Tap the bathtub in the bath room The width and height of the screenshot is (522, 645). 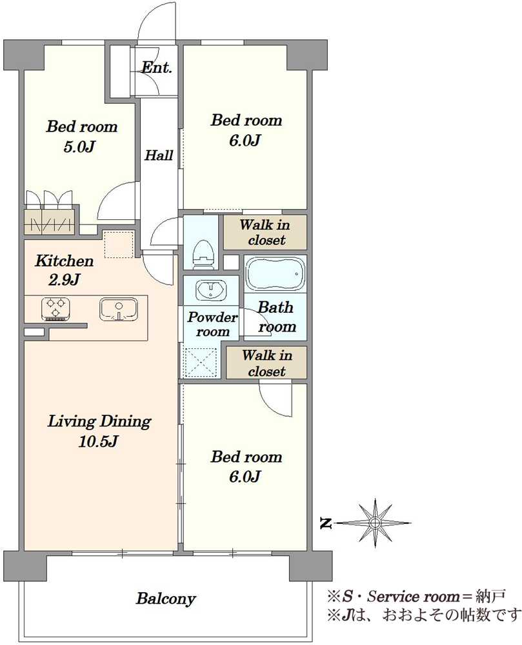tap(275, 274)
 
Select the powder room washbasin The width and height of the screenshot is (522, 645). tap(211, 290)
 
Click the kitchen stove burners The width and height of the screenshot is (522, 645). tap(56, 309)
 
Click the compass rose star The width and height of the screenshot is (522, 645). tap(375, 523)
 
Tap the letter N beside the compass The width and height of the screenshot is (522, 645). tap(326, 523)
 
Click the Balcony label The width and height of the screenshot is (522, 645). tap(166, 599)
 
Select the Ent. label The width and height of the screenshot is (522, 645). tap(157, 67)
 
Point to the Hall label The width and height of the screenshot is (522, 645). tap(159, 155)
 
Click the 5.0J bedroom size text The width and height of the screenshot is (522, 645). tap(79, 146)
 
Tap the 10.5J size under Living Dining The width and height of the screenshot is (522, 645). tap(98, 441)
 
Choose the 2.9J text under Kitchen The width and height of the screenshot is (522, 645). tap(64, 280)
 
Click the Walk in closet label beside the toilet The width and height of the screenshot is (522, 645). tap(265, 232)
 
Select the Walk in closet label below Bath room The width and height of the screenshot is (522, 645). tap(266, 362)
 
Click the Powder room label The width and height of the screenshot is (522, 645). tap(212, 324)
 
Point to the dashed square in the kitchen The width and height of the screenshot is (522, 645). tap(119, 244)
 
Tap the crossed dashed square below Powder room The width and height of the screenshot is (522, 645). tap(199, 362)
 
